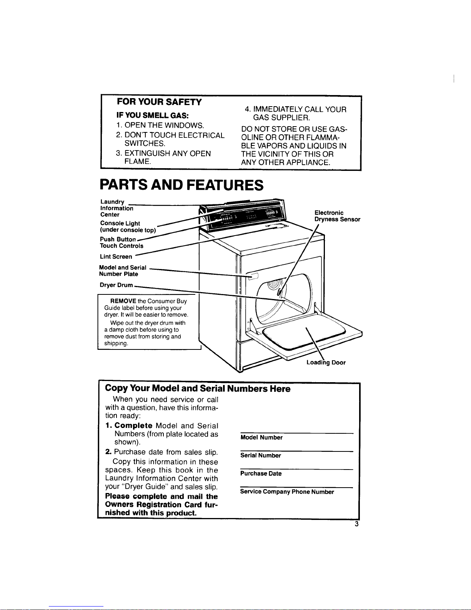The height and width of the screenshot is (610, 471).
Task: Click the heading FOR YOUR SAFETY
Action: [x=159, y=102]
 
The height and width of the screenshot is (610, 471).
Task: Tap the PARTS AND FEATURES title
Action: [x=181, y=185]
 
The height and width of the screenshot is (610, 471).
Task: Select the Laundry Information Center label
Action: [x=117, y=208]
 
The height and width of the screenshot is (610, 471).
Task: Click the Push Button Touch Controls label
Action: [x=121, y=242]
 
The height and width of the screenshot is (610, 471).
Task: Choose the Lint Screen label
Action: [x=116, y=256]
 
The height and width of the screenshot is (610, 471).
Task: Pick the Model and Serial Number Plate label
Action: [x=122, y=271]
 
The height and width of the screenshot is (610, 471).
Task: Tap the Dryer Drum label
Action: [x=117, y=285]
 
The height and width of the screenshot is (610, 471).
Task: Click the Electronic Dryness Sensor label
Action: [x=337, y=216]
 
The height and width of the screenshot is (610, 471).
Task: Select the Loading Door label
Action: [x=326, y=363]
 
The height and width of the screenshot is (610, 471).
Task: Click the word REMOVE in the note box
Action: [x=123, y=301]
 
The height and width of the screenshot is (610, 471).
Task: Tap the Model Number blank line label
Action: [x=261, y=438]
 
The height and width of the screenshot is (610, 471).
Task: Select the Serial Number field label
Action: [x=261, y=456]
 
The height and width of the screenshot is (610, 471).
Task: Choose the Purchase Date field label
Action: [x=261, y=474]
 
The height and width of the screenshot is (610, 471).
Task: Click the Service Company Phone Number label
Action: [x=287, y=492]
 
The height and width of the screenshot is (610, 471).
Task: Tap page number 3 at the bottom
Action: [x=357, y=524]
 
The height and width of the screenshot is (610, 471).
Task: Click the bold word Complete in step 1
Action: [x=133, y=426]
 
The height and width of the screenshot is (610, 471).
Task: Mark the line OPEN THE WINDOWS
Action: [x=164, y=125]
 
